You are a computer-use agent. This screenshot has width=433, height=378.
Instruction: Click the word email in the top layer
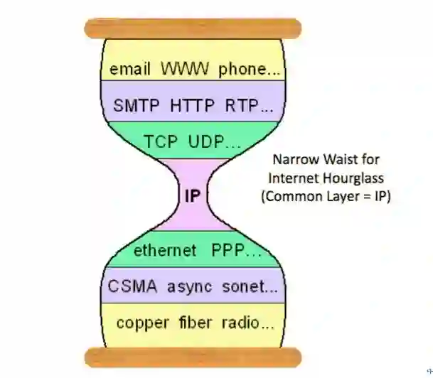coord(130,70)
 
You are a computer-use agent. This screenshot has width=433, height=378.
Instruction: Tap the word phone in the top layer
coord(240,70)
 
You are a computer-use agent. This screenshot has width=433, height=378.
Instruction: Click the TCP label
coord(161,141)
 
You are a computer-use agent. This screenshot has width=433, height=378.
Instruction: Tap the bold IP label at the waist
coord(192,195)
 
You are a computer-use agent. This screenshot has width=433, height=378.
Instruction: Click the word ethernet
coord(165,251)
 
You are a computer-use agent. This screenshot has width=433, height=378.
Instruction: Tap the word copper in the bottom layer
coord(141,323)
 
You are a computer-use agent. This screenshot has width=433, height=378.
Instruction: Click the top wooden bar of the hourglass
coord(192,29)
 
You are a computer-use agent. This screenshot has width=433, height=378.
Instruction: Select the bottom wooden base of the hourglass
coord(192,357)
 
